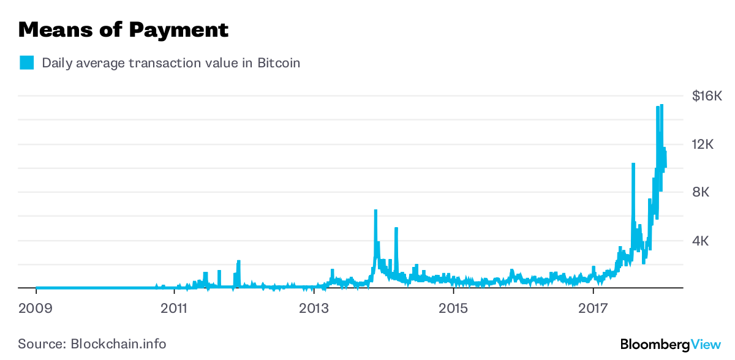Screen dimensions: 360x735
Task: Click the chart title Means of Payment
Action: (x=123, y=29)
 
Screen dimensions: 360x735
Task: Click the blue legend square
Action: (x=26, y=63)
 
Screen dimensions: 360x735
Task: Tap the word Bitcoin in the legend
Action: (x=278, y=63)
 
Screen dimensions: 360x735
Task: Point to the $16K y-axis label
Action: (x=707, y=96)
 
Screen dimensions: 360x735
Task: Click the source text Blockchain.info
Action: (x=118, y=343)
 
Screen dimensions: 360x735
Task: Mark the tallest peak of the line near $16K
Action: (x=661, y=105)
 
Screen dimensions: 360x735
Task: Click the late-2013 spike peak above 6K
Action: (x=375, y=211)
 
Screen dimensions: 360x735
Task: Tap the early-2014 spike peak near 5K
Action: (x=396, y=229)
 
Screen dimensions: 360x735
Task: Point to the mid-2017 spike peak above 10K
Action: (x=633, y=164)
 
